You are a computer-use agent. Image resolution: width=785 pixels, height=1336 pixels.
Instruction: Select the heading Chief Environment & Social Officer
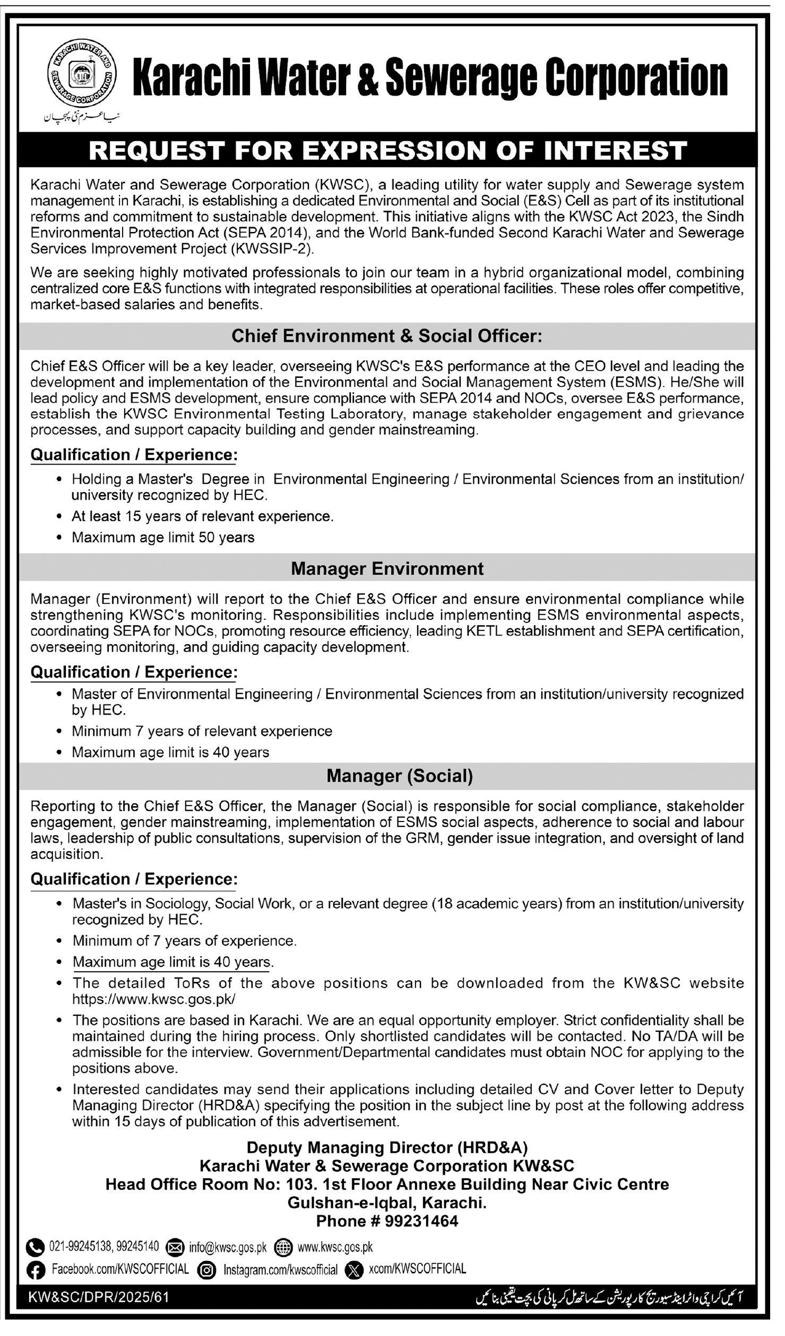click(x=387, y=336)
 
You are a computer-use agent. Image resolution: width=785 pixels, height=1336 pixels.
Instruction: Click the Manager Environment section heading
click(x=387, y=569)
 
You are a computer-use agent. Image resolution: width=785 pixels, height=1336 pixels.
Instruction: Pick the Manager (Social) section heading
click(x=399, y=776)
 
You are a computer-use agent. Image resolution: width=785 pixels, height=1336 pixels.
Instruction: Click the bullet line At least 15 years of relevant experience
click(x=202, y=516)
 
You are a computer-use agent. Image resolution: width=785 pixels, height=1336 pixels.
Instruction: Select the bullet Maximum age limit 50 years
click(x=163, y=537)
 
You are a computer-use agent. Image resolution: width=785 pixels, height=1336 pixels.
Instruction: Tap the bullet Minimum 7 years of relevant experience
click(x=202, y=731)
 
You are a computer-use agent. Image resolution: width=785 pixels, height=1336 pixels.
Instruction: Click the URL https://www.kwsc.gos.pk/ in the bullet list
click(x=153, y=999)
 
